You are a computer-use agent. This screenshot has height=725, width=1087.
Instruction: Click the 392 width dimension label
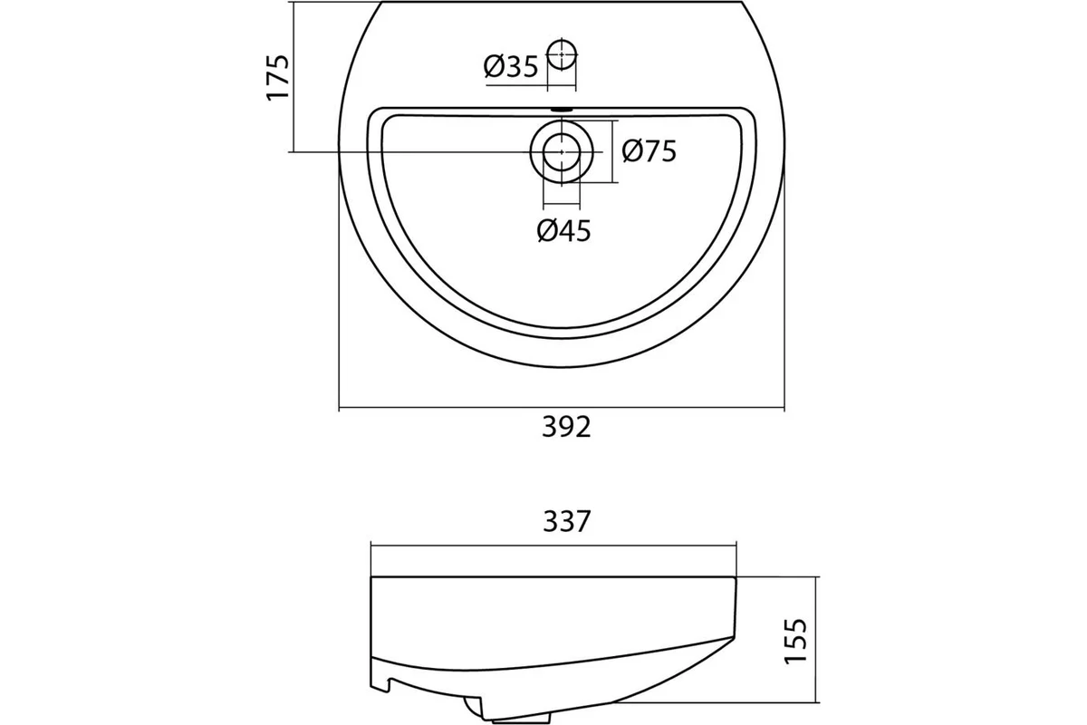(x=566, y=428)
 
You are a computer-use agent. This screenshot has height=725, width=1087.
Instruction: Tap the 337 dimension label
(x=566, y=521)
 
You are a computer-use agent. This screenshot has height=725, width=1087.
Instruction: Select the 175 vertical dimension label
(x=279, y=78)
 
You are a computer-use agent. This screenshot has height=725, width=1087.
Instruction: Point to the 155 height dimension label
(x=796, y=641)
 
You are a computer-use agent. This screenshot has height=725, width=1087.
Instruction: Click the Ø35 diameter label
(x=511, y=66)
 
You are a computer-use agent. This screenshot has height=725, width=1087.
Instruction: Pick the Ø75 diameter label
(x=649, y=151)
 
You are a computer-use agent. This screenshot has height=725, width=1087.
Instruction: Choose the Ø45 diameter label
(x=563, y=230)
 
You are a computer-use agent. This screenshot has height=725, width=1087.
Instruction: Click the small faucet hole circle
(x=562, y=55)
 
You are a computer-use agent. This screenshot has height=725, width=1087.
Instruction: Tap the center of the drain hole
(x=562, y=152)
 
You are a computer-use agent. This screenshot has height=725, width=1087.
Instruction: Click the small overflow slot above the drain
(x=562, y=110)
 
